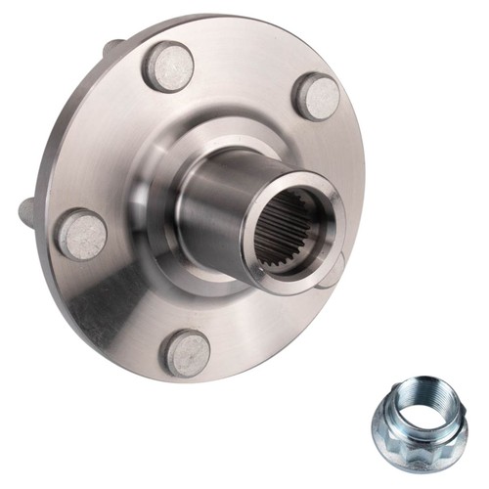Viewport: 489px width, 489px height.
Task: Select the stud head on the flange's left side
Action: [x=81, y=236]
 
